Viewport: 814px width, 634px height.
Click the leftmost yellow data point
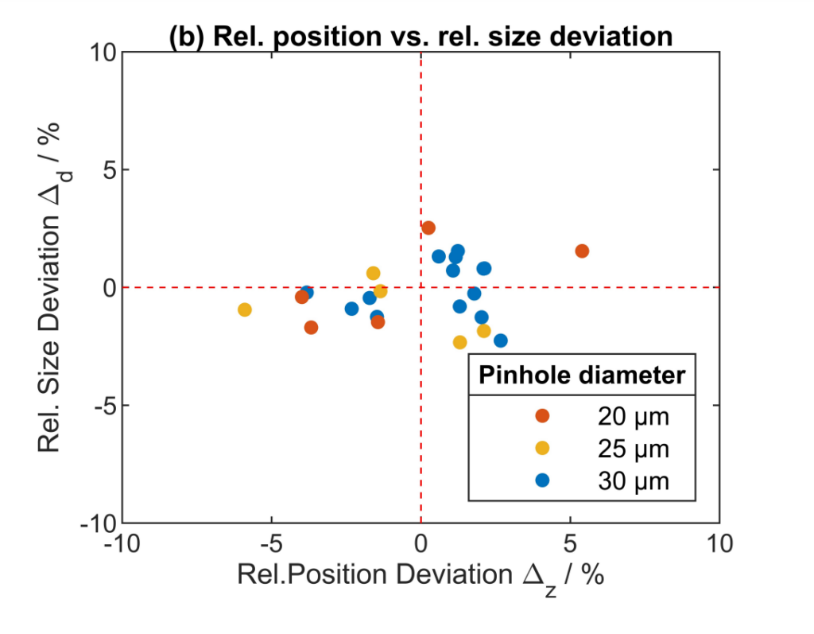245,309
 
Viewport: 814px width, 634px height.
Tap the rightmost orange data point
582,251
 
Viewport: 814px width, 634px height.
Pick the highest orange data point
428,228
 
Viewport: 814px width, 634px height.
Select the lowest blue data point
501,340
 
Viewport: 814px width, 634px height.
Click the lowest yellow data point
459,342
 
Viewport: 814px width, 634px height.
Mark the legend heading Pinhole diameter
581,375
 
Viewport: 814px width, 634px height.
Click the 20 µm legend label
634,416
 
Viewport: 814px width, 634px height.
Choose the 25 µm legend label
634,449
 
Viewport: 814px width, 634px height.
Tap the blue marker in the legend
542,480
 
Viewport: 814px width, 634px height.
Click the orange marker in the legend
542,416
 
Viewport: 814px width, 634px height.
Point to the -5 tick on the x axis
272,545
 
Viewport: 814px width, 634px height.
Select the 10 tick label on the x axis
719,545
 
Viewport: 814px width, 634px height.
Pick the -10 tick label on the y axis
97,523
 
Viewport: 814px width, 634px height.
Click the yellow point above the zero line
374,274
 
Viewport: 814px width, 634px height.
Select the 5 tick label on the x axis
570,545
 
